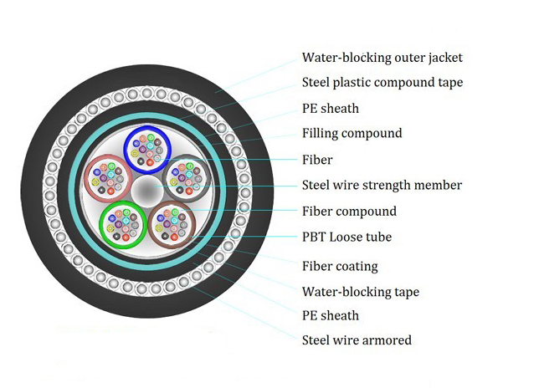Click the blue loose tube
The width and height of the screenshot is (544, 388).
147,147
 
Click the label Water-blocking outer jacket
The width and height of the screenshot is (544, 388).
382,58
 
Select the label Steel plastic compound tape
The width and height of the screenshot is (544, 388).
382,83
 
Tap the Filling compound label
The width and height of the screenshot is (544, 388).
352,133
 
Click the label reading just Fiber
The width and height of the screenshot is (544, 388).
317,160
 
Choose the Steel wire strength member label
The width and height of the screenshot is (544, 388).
382,185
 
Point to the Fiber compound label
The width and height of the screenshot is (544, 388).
349,211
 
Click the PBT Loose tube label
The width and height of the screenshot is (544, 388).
346,237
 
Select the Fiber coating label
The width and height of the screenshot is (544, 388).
340,267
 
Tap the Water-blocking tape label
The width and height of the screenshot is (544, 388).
360,292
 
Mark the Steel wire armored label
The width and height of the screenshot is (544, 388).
357,339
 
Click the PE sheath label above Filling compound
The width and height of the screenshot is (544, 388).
330,108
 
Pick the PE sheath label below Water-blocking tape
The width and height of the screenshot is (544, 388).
330,315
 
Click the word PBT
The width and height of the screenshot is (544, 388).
315,237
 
